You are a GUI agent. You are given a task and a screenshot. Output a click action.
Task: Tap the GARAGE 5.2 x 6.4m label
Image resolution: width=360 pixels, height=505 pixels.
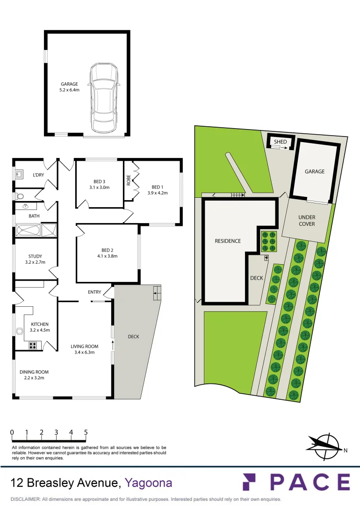[69, 87]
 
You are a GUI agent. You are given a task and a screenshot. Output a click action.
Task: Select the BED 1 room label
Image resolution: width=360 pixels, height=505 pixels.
[157, 189]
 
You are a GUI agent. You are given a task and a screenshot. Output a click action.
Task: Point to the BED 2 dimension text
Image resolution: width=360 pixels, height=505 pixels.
[107, 256]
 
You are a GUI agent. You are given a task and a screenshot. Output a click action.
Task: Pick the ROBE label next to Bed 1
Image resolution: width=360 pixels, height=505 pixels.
[129, 180]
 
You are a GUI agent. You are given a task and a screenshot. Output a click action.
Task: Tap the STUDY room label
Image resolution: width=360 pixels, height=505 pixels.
[35, 259]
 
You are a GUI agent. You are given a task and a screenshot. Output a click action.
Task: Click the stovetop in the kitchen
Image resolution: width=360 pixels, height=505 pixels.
[34, 346]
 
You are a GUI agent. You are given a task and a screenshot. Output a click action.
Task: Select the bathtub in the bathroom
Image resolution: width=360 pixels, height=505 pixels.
[29, 231]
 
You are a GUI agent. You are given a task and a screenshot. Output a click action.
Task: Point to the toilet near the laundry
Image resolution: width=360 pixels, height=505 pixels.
[19, 196]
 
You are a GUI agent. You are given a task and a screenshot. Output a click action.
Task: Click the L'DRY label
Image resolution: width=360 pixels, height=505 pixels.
[38, 175]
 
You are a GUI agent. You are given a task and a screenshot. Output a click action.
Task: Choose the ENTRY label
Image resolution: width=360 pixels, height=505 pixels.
[94, 292]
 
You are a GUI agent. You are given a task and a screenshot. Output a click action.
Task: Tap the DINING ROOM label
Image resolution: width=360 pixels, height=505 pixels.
[34, 375]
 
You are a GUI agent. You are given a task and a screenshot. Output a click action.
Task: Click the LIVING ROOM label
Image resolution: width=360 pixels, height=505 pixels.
[85, 349]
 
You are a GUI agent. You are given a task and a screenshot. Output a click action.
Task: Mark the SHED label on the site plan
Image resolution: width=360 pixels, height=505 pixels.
[281, 142]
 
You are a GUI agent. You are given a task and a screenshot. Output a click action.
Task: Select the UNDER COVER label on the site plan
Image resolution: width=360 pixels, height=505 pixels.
[307, 221]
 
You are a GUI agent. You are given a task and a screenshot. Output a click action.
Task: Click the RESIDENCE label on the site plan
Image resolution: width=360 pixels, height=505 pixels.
[228, 241]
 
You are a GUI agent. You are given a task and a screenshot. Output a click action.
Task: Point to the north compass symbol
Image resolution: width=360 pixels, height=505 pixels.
[324, 444]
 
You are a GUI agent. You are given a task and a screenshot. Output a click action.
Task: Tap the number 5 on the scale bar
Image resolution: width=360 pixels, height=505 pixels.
[86, 433]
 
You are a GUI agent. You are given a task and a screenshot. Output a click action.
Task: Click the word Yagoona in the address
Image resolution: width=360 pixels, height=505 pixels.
[149, 483]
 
